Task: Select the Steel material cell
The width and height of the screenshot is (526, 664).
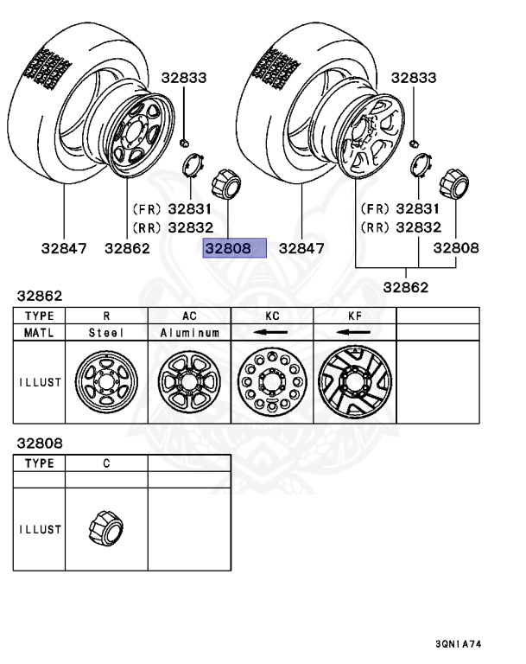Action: coord(106,332)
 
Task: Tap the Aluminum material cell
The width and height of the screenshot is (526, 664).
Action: coord(189,332)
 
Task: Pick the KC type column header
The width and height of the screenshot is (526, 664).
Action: coord(272,316)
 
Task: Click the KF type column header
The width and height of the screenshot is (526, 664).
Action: coord(354,316)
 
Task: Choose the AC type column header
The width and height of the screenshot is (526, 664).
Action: coord(189,316)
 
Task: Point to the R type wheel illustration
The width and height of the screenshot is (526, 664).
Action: coord(106,381)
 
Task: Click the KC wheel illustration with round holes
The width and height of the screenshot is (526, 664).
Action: coord(272,381)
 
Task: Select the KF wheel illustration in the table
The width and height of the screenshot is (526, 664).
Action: coord(354,381)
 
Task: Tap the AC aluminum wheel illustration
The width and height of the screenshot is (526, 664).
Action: coord(189,381)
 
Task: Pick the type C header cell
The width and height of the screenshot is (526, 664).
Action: coord(106,463)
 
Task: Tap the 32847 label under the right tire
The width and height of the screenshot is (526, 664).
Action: coord(300,248)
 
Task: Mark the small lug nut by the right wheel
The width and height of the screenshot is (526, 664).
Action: coord(415,140)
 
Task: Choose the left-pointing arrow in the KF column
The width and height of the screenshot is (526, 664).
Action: coord(354,332)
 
